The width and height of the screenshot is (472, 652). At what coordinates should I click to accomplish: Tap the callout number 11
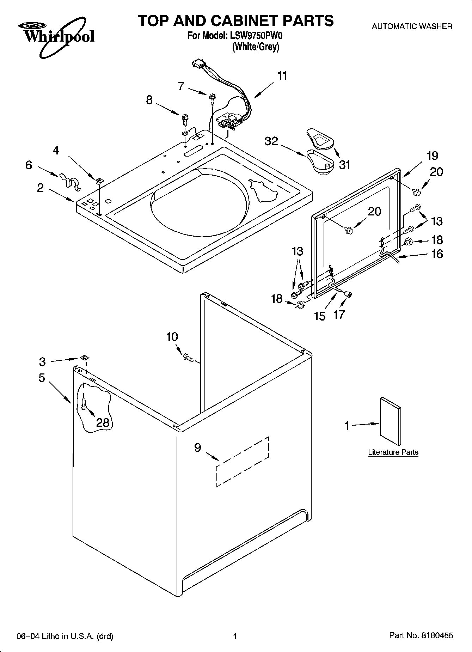point(282,76)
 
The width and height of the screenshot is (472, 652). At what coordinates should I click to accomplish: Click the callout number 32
point(271,141)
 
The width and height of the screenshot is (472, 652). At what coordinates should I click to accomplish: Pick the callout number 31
point(344,164)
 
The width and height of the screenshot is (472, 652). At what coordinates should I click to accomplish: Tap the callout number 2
point(41,188)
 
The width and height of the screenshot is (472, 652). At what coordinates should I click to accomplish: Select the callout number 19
point(432,156)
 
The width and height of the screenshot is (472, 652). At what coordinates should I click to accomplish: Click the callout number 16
point(437,254)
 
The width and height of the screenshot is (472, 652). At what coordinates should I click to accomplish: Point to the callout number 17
point(339,314)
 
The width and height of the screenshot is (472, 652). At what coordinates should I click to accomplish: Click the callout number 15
point(320,316)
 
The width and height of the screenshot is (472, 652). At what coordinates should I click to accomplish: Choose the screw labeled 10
point(188,358)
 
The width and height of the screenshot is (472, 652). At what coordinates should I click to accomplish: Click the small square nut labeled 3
point(84,358)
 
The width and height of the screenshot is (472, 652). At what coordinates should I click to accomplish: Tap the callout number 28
point(103,422)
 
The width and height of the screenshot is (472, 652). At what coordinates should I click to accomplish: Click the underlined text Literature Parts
point(393,452)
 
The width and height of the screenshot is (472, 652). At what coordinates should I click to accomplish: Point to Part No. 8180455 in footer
point(421,636)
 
